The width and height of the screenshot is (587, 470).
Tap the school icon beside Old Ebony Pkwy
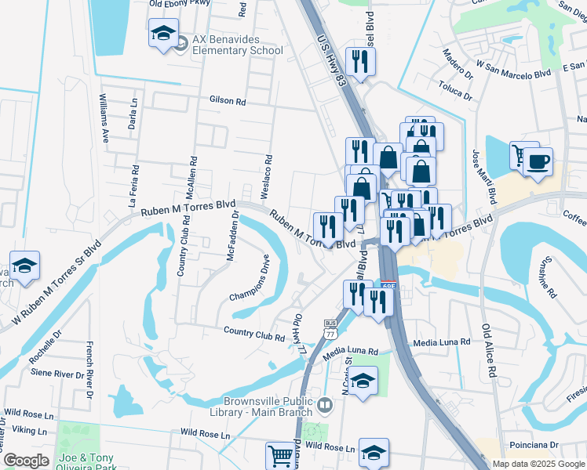163,34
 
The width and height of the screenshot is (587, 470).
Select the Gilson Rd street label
228,101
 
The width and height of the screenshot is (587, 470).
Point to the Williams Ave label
104,118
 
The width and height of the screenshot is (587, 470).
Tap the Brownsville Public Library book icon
326,406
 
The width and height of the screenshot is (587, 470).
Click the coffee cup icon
538,162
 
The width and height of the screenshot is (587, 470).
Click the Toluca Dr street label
455,91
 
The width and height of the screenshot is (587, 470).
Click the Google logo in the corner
26,461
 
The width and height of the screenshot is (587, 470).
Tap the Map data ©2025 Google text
538,464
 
